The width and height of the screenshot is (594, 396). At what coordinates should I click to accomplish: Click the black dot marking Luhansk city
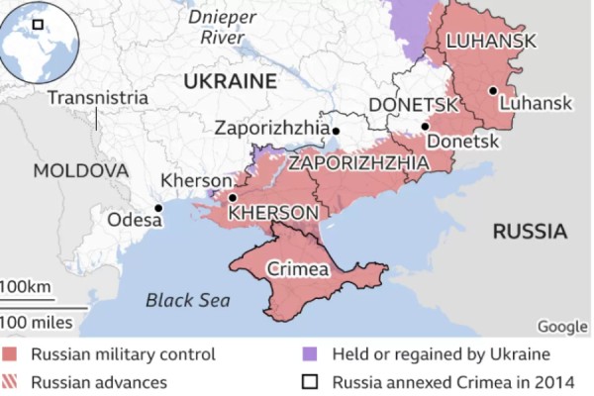pyautogui.click(x=492, y=91)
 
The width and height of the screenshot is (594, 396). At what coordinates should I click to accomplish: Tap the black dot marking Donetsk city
pyautogui.click(x=425, y=126)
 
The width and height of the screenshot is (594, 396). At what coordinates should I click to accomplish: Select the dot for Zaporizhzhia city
pyautogui.click(x=336, y=131)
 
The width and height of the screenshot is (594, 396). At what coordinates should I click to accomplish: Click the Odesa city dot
pyautogui.click(x=158, y=208)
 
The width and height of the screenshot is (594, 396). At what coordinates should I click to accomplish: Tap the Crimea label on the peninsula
pyautogui.click(x=297, y=268)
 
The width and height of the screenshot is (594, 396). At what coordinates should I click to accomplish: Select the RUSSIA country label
pyautogui.click(x=530, y=232)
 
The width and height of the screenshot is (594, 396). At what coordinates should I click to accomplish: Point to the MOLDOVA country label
pyautogui.click(x=81, y=171)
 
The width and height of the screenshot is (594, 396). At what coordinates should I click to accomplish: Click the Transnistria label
pyautogui.click(x=98, y=98)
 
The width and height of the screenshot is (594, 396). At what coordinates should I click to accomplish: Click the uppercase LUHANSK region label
pyautogui.click(x=491, y=41)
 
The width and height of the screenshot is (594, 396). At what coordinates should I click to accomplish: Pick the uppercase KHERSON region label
pyautogui.click(x=272, y=213)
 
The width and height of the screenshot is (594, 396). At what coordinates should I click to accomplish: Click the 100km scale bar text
pyautogui.click(x=26, y=287)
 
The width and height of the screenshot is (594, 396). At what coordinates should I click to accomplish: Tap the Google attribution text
pyautogui.click(x=562, y=327)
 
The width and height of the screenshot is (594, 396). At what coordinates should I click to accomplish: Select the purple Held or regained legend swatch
pyautogui.click(x=310, y=354)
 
